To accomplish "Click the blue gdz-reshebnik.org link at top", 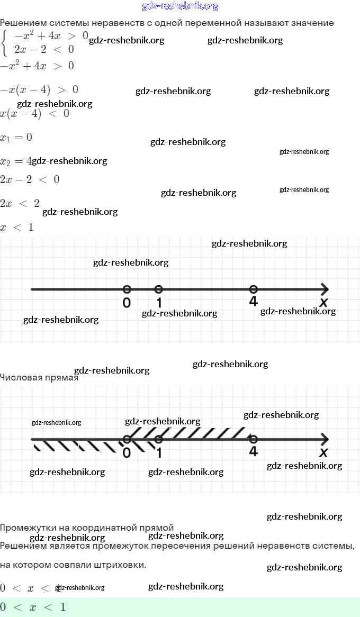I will (x=180, y=6).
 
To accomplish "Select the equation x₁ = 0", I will (x=16, y=138).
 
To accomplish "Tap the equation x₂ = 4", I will (x=16, y=161).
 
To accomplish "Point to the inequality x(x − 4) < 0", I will (x=34, y=113).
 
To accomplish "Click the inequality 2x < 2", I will (x=20, y=203).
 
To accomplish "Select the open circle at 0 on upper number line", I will (x=127, y=289).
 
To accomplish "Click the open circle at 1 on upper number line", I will (x=158, y=289).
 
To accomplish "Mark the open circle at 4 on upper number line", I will (x=254, y=289).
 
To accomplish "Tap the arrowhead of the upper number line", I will (x=325, y=289).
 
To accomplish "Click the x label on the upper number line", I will (x=323, y=302).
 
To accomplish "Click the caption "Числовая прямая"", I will (x=39, y=377).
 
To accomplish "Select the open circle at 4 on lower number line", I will (x=254, y=439).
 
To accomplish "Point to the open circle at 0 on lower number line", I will (x=127, y=439).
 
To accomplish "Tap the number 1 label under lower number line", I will (x=159, y=452).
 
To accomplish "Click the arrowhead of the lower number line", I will (x=325, y=439).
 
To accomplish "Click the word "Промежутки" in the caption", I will (x=27, y=528).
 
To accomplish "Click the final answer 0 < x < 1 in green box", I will (x=33, y=607).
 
